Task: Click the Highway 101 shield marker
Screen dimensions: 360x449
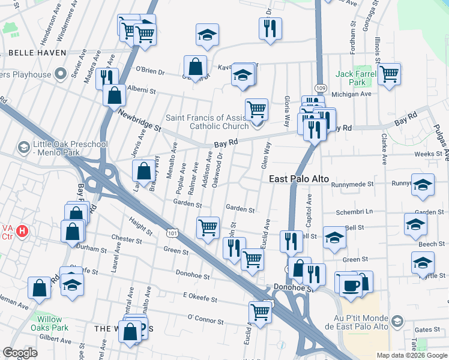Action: (x=172, y=232)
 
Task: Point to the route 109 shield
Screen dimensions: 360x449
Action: (x=319, y=88)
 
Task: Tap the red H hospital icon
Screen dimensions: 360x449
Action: (x=22, y=230)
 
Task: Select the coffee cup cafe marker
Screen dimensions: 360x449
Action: (x=351, y=285)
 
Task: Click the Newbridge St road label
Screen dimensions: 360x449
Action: (x=140, y=121)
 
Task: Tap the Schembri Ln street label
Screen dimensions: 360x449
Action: (x=355, y=212)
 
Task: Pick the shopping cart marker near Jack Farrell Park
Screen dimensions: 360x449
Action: (x=389, y=74)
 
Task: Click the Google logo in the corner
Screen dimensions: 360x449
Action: (x=20, y=353)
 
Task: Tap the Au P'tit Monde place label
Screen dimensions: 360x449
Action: (x=357, y=322)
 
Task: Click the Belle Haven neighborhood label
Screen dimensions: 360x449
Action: (x=37, y=53)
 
